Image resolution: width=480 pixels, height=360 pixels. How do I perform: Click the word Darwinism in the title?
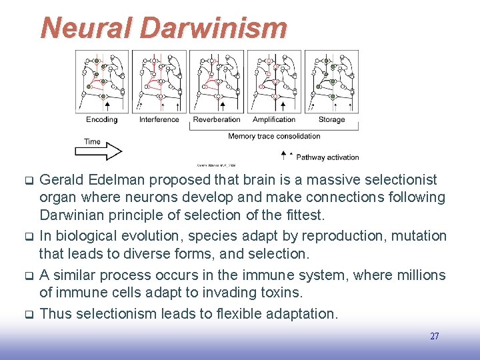pyautogui.click(x=214, y=28)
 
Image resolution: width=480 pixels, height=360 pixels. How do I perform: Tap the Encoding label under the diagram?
pyautogui.click(x=101, y=120)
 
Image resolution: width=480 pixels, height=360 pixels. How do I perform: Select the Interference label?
pyautogui.click(x=159, y=120)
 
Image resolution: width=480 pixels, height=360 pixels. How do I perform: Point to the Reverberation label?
pyautogui.click(x=217, y=120)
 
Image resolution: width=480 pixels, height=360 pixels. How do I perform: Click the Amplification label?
pyautogui.click(x=273, y=120)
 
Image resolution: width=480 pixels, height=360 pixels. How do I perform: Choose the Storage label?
pyautogui.click(x=331, y=120)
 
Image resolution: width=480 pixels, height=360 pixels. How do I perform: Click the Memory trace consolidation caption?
pyautogui.click(x=274, y=136)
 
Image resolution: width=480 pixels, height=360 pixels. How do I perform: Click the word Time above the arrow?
pyautogui.click(x=92, y=141)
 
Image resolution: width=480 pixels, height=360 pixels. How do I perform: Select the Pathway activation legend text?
pyautogui.click(x=327, y=157)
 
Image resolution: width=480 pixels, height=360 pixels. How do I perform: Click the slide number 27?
pyautogui.click(x=434, y=337)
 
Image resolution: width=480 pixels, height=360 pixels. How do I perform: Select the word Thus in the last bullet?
pyautogui.click(x=55, y=313)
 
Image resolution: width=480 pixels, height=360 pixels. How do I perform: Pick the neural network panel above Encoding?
pyautogui.click(x=102, y=80)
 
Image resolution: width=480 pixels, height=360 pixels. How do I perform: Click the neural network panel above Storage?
pyautogui.click(x=331, y=80)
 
